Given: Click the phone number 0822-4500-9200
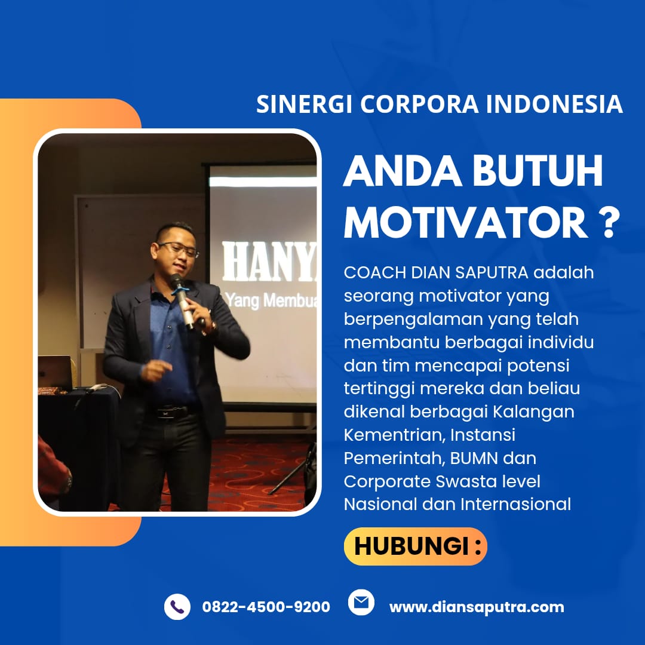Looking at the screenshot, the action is pos(266,607).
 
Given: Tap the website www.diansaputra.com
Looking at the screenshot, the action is pos(477,607).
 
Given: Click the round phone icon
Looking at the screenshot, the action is pos(177,607).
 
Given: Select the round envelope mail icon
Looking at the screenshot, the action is pos(361,602).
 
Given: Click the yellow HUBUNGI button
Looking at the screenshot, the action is pos(416,546).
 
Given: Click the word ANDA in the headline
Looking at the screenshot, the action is pos(403,171).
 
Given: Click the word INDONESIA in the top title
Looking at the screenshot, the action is pos(554,105).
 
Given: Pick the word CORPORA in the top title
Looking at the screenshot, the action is pos(420,105).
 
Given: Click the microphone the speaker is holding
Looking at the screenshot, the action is pos(183,300).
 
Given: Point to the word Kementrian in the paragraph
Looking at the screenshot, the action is pos(394,435).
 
